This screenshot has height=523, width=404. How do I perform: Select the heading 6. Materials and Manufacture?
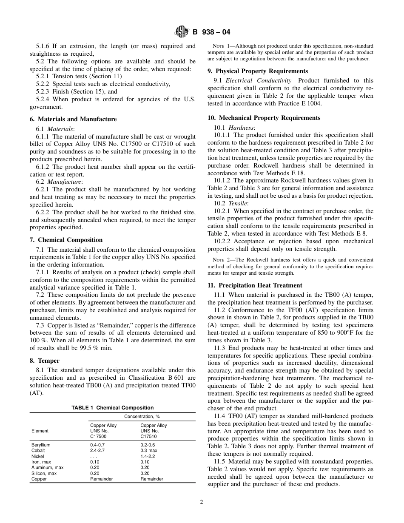pos(73,119)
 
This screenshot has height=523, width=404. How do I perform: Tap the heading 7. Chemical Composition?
pos(66,240)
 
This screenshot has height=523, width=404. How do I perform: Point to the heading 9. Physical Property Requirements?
pos(258,71)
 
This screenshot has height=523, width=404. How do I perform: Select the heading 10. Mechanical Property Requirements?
pos(264,118)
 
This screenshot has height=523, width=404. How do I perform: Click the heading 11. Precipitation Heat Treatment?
pos(255,285)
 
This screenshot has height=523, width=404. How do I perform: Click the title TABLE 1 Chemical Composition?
pos(113,408)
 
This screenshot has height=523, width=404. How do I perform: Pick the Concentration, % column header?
pos(142,417)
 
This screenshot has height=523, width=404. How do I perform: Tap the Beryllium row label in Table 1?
pos(41,445)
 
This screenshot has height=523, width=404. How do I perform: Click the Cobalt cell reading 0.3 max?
pos(149,450)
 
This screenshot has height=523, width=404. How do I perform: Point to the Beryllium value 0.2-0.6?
pos(148,445)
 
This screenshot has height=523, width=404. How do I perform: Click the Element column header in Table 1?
pos(40,431)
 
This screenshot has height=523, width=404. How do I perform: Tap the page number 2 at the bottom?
pos(202,502)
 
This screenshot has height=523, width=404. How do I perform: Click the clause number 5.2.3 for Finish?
pos(43,91)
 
